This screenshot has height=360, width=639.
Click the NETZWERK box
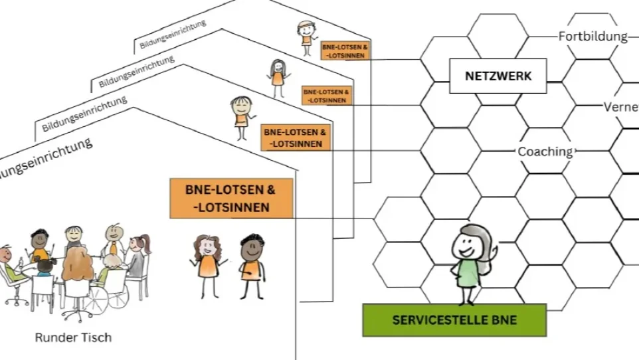(498, 76)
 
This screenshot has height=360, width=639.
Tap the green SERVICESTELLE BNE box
(454, 319)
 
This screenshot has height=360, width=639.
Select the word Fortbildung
(593, 36)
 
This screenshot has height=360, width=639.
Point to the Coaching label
(545, 151)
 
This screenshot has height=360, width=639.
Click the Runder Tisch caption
(73, 337)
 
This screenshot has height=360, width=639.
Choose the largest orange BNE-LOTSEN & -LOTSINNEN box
(231, 198)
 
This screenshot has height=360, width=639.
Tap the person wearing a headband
(305, 36)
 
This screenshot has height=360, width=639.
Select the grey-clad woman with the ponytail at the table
(137, 255)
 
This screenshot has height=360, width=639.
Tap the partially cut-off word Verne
(620, 107)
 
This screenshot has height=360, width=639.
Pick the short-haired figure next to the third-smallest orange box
(240, 115)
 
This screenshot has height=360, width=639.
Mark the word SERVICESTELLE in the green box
(431, 319)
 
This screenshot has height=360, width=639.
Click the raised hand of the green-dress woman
(493, 256)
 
